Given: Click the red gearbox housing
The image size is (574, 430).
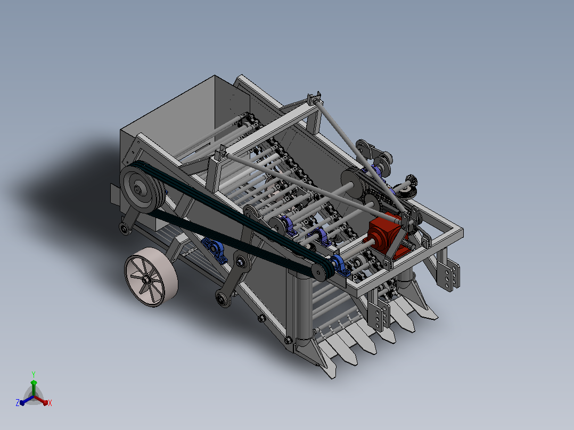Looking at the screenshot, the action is pos(385,234).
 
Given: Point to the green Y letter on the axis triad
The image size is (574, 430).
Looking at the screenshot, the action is pos(34,374).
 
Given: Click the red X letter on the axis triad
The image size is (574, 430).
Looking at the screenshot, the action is pos(50,403).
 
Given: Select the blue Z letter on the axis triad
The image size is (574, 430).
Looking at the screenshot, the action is pos(17,402).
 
